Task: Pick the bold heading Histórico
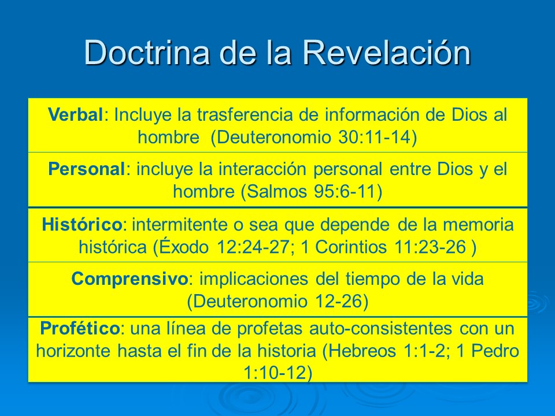coord(82,225)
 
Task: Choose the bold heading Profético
coord(80,328)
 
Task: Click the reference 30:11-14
coord(380,137)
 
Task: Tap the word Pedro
coord(492,351)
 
